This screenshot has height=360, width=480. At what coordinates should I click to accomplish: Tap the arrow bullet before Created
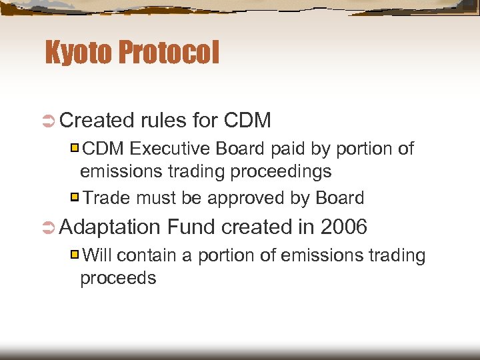coord(49,121)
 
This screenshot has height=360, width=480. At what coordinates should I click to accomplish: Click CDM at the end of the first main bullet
coord(247,121)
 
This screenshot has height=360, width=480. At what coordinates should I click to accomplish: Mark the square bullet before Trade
coord(75,197)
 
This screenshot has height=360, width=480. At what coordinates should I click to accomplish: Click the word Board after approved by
coord(339,198)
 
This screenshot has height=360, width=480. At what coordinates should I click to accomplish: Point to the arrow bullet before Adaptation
coord(49,227)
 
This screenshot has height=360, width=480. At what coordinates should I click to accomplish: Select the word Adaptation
coord(111,228)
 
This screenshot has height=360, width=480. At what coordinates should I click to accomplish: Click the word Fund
coord(191,227)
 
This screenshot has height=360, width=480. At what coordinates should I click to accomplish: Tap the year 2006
coord(343,227)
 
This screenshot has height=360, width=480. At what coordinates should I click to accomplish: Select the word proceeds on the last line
coord(118,279)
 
